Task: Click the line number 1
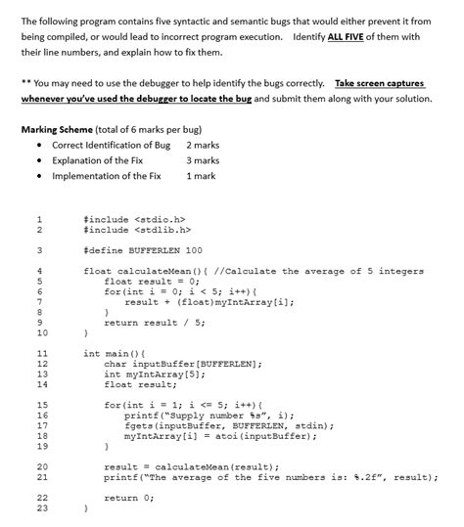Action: point(40,219)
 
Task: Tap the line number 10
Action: point(40,333)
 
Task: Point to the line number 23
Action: point(40,508)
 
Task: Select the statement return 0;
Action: point(128,498)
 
